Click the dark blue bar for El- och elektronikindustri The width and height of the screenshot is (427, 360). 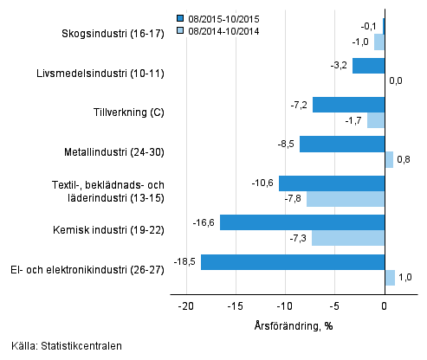[293, 261]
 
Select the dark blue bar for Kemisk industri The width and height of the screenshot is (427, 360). [302, 222]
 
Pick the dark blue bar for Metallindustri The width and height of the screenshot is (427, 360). [342, 145]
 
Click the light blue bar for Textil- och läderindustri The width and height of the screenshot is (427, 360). [346, 199]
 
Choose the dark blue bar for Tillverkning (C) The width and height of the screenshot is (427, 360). [348, 105]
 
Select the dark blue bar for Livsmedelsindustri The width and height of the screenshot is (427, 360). [368, 66]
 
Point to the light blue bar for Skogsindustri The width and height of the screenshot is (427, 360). [379, 42]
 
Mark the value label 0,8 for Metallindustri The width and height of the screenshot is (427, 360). [404, 160]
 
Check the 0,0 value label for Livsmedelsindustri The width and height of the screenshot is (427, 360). [397, 81]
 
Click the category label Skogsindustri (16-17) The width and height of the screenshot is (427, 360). [114, 35]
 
